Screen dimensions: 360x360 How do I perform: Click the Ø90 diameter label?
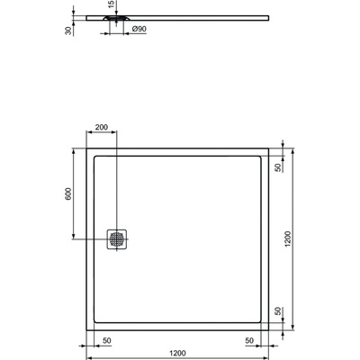pyautogui.click(x=139, y=30)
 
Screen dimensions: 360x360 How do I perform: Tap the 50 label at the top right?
pyautogui.click(x=279, y=166)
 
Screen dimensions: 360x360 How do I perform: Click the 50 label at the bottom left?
pyautogui.click(x=106, y=341)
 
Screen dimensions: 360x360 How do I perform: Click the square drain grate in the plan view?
pyautogui.click(x=119, y=238)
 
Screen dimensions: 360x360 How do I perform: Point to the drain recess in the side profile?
pyautogui.click(x=118, y=17)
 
